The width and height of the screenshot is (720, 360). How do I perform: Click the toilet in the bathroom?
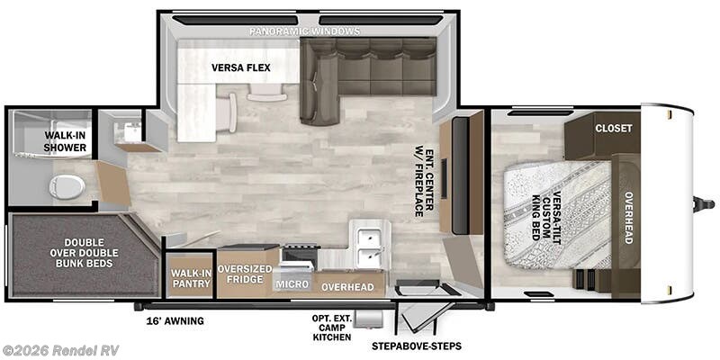[x=67, y=186]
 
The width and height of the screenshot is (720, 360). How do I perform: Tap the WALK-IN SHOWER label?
[x=66, y=141]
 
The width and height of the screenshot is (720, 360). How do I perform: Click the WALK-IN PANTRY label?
[x=191, y=276]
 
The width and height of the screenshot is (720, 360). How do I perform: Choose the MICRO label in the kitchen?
[x=293, y=284]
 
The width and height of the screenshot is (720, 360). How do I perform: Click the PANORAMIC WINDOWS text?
[x=305, y=31]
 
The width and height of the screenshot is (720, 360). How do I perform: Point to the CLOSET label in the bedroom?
[x=613, y=128]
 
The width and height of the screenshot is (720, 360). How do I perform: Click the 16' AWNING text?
[x=175, y=320]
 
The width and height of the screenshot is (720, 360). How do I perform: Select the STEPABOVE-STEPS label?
[x=412, y=345]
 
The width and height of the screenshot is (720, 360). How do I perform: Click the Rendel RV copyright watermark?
[x=60, y=349]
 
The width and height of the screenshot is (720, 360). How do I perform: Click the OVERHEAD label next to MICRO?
[x=347, y=286]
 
